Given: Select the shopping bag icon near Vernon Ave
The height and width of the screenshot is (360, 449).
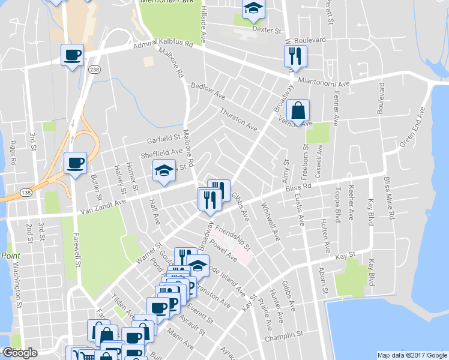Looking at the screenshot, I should (298, 110).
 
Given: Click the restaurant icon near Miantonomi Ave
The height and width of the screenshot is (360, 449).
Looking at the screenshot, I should (295, 56).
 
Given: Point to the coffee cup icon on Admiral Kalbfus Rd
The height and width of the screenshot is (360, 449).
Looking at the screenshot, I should (72, 55).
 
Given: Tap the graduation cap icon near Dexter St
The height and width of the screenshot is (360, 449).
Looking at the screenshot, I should (253, 9).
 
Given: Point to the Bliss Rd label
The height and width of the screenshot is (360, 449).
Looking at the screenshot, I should (297, 188).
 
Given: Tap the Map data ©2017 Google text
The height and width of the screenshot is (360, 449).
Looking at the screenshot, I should (411, 355).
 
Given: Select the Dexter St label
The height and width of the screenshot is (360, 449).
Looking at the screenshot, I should (267, 29).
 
